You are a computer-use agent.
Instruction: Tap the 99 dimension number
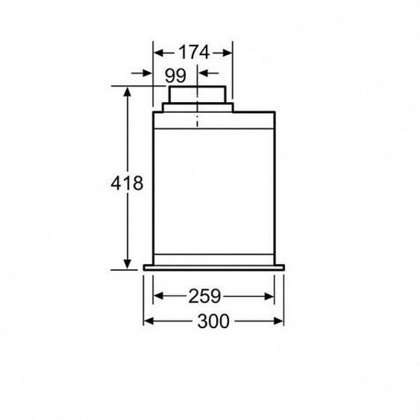[x=175, y=76]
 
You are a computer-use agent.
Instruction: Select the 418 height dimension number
[x=127, y=183]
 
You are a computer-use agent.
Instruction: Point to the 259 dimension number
[x=204, y=296]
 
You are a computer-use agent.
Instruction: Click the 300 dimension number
[x=214, y=321]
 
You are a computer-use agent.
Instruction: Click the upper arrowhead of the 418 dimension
[x=127, y=91]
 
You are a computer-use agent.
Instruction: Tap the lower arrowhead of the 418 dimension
[x=128, y=265]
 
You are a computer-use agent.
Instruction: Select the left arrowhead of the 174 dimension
[x=159, y=53]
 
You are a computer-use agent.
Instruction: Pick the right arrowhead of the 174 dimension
[x=227, y=53]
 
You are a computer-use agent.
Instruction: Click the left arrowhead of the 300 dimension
[x=149, y=321]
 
